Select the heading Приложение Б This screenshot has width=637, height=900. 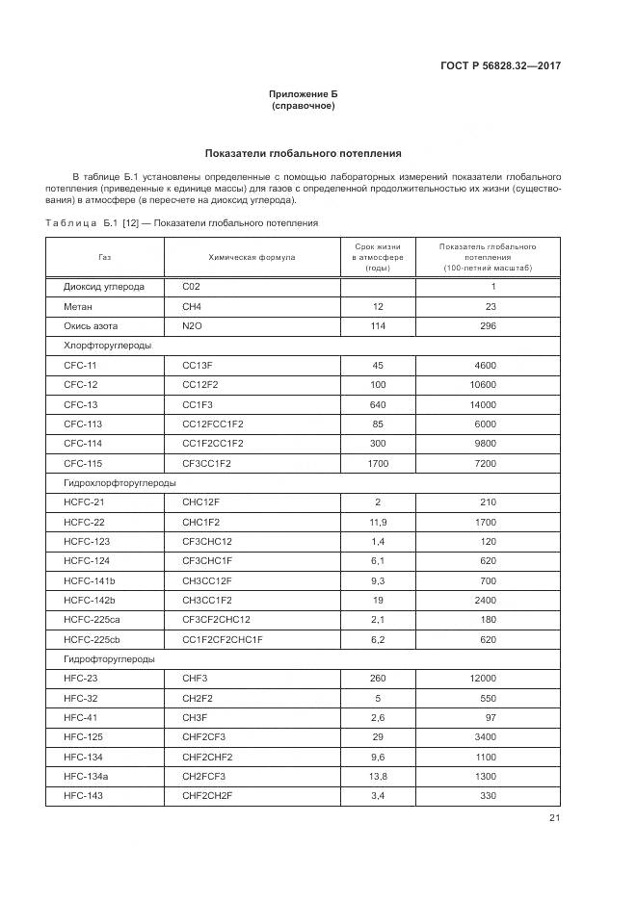[304, 93]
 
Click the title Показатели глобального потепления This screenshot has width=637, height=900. [303, 153]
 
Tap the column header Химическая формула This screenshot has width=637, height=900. [252, 258]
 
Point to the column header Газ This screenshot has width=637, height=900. [104, 258]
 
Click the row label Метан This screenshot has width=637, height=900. [79, 306]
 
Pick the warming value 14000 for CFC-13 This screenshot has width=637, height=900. [482, 404]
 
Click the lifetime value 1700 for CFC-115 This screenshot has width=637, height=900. [378, 463]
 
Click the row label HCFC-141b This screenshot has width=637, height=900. [90, 580]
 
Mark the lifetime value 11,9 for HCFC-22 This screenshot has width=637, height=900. [378, 522]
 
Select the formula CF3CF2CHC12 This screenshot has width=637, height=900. [216, 620]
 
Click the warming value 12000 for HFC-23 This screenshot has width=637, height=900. [482, 679]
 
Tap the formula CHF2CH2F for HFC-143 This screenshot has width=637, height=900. [207, 796]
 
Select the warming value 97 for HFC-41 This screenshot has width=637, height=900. [489, 717]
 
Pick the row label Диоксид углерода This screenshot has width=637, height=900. [104, 287]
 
